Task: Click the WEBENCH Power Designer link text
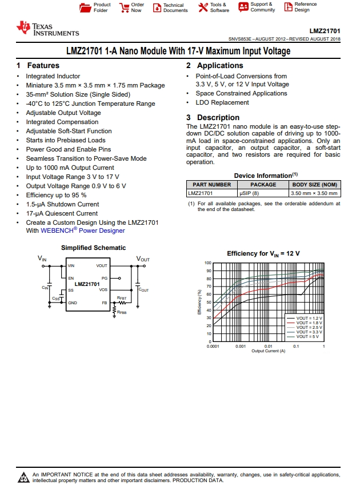pyautogui.click(x=82, y=231)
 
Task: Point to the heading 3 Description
pyautogui.click(x=213, y=118)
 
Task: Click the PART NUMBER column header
pyautogui.click(x=211, y=185)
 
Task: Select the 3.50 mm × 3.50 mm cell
pyautogui.click(x=314, y=194)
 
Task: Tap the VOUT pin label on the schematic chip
pyautogui.click(x=102, y=266)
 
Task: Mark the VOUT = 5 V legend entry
pyautogui.click(x=309, y=336)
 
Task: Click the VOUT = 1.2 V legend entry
pyautogui.click(x=309, y=318)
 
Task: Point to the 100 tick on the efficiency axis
pyautogui.click(x=208, y=263)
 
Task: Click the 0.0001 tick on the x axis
pyautogui.click(x=213, y=347)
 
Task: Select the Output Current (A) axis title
pyautogui.click(x=268, y=351)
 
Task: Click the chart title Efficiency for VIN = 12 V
pyautogui.click(x=263, y=253)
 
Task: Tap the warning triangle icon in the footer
pyautogui.click(x=23, y=476)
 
